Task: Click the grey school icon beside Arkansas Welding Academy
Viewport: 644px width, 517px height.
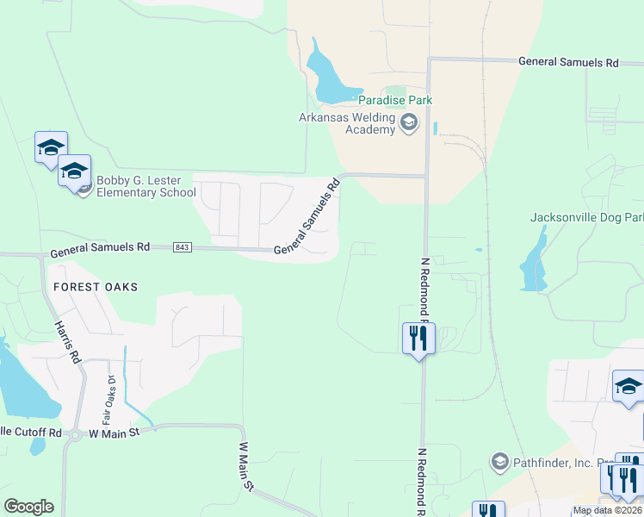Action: tap(408, 126)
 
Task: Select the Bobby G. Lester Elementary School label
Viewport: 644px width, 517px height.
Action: tap(146, 186)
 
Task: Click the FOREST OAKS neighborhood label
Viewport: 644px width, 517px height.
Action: tap(96, 286)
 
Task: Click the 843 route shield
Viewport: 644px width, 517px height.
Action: tap(182, 247)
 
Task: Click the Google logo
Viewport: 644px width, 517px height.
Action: tap(28, 507)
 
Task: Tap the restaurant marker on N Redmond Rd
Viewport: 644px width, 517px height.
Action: tap(418, 338)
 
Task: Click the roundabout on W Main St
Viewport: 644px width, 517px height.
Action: tap(74, 434)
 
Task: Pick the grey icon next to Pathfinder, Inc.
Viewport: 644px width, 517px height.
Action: tap(498, 462)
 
